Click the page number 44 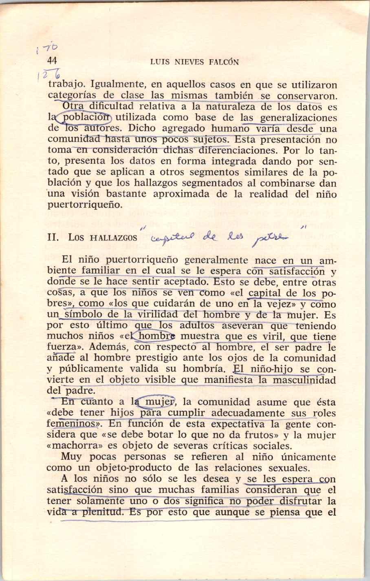52,61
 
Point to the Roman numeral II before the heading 52,237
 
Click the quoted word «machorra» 68,446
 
